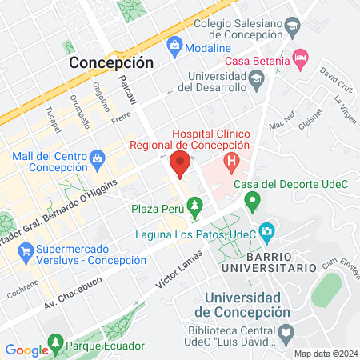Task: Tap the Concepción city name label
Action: point(111,62)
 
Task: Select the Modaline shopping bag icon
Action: point(174,49)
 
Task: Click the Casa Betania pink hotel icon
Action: point(301,58)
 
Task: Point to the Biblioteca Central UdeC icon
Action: point(286,330)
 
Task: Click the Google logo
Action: point(26,350)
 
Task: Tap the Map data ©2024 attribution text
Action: point(325,353)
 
